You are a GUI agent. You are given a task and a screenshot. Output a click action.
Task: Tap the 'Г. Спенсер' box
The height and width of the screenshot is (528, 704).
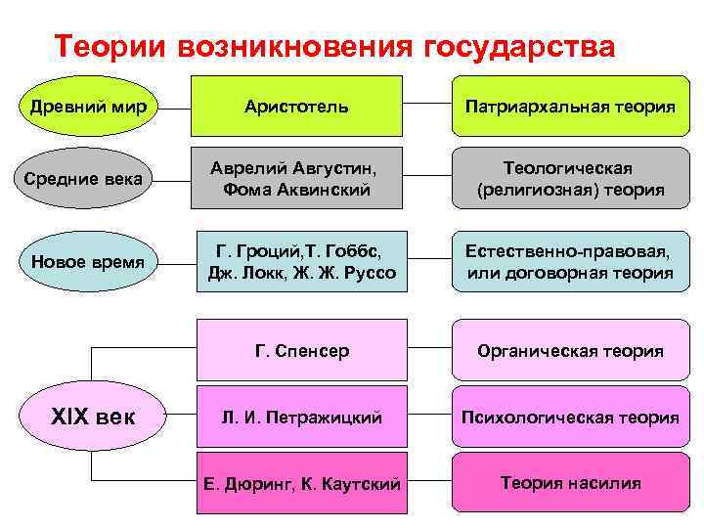click(x=302, y=350)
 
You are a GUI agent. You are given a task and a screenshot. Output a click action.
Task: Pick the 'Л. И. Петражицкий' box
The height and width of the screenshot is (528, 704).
click(x=302, y=418)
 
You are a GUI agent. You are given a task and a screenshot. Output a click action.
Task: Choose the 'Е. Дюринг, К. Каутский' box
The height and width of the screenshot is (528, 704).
click(x=302, y=483)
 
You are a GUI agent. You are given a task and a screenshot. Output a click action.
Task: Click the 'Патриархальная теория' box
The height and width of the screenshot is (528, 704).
click(x=570, y=105)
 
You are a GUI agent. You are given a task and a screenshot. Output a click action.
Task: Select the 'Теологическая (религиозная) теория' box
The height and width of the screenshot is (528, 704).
click(x=570, y=178)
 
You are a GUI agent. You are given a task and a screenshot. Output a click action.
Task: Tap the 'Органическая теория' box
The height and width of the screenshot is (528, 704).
click(x=570, y=350)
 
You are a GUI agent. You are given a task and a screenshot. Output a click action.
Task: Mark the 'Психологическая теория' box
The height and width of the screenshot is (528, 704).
click(x=570, y=418)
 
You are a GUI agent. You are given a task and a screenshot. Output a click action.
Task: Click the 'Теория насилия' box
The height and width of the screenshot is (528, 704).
click(x=570, y=483)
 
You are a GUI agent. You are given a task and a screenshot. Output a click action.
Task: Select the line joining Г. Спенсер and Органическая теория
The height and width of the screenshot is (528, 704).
click(x=428, y=350)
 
